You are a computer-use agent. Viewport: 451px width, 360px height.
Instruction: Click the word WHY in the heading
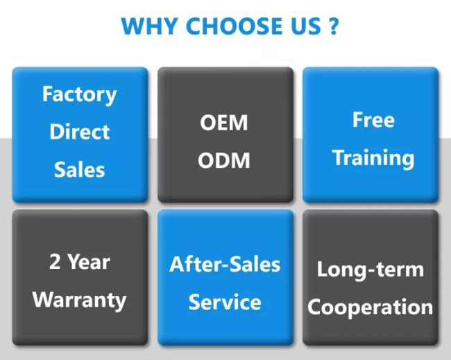click(x=147, y=26)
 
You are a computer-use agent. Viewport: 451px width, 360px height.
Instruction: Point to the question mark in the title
click(x=334, y=26)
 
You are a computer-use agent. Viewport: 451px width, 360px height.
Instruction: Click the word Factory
click(x=80, y=94)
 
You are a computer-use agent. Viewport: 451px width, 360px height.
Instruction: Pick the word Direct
click(x=80, y=132)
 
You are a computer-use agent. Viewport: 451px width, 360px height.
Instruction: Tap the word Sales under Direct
click(x=80, y=169)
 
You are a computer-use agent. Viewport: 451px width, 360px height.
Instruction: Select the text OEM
click(x=223, y=123)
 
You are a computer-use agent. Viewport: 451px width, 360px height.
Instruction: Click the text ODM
click(x=223, y=160)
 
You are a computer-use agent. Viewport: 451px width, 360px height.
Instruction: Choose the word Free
click(x=373, y=119)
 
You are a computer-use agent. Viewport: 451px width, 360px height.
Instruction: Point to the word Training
click(x=373, y=157)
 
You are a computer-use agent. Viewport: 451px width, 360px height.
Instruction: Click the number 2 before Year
click(x=55, y=262)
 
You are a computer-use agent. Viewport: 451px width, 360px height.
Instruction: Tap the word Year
click(x=89, y=262)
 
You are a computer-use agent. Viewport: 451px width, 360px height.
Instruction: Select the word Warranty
click(x=80, y=300)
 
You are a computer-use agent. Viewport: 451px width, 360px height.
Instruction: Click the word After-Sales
click(x=225, y=264)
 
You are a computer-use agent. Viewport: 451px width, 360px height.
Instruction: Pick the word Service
click(x=225, y=302)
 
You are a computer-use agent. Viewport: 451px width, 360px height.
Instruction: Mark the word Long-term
click(x=370, y=269)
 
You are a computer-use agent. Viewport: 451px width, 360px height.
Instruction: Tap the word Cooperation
click(x=370, y=307)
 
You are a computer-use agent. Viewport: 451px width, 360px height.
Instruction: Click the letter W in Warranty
click(x=42, y=300)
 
